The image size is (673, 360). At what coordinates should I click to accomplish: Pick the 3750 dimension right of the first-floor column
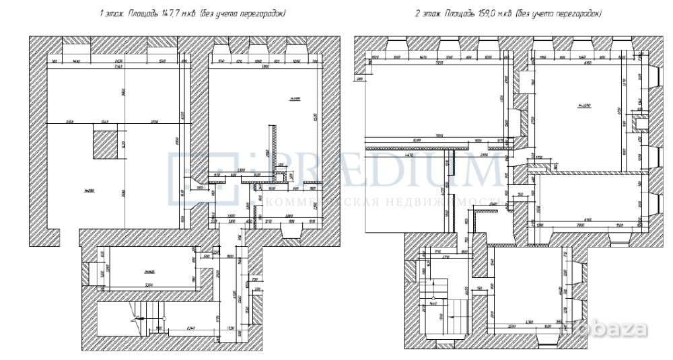click(x=154, y=122)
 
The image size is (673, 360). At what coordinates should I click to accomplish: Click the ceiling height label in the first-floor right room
click(x=294, y=99)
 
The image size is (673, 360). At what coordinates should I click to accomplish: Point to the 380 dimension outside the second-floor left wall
click(x=360, y=79)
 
